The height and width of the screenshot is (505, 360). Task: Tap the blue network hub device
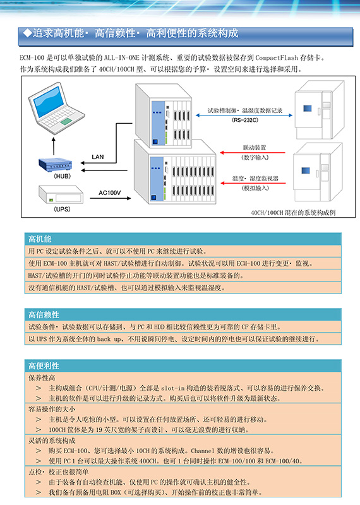[x=56, y=165]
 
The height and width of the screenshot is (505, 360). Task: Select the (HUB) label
[x=62, y=176]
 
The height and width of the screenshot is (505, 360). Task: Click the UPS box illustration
[x=61, y=194]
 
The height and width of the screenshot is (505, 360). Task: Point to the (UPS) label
[x=62, y=209]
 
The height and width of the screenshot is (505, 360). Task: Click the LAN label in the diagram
[x=98, y=157]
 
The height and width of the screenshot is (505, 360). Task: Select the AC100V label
[x=110, y=193]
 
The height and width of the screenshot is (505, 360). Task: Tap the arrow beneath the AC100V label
[x=111, y=198]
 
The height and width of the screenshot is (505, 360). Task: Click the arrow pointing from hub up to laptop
[x=54, y=146]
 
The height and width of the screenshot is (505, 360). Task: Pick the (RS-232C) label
[x=245, y=120]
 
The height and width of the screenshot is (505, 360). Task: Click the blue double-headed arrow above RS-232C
[x=244, y=115]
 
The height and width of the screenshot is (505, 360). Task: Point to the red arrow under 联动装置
[x=253, y=152]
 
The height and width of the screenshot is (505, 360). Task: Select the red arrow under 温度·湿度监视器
[x=253, y=183]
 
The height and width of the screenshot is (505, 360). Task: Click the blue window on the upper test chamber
[x=307, y=108]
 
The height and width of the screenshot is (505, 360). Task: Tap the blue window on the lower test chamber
[x=306, y=170]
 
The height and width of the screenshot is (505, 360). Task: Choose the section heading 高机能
[x=40, y=239]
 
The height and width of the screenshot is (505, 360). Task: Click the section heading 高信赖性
[x=44, y=314]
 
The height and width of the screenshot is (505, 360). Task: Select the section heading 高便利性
[x=44, y=366]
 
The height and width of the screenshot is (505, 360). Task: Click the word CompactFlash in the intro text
[x=277, y=58]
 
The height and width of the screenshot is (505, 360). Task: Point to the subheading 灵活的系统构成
[x=52, y=441]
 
